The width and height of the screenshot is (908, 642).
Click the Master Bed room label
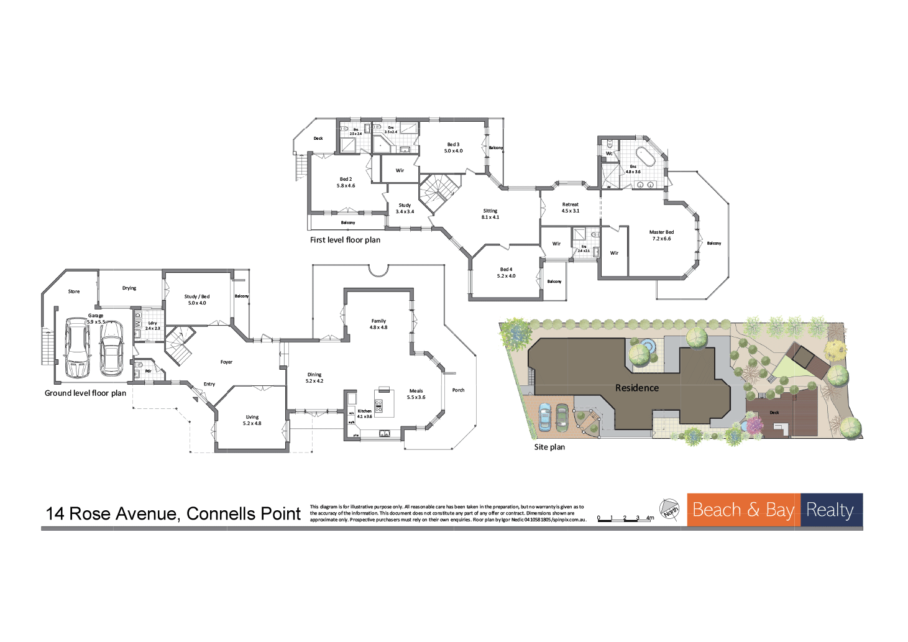coord(661,235)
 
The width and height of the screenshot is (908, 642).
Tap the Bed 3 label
coord(453,147)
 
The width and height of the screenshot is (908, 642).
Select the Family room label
coord(378,324)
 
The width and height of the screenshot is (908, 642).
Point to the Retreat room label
coord(570,207)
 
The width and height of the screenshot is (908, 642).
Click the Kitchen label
coord(365,413)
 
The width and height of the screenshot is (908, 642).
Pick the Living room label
coord(252,420)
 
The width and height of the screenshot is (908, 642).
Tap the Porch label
coord(458,390)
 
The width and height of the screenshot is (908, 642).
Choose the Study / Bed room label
coord(197,300)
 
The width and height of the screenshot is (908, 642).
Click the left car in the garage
coord(77,347)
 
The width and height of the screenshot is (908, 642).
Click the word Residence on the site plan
coord(636,388)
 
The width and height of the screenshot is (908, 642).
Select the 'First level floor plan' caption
coord(345,240)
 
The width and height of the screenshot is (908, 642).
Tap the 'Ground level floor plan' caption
coord(85,393)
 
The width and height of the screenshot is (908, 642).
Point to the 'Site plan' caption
coord(549,447)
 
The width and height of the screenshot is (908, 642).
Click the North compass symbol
coord(669,510)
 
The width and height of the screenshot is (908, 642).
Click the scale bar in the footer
coord(625,518)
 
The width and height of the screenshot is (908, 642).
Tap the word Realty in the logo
coord(830,510)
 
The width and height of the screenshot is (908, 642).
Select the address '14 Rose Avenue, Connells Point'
coord(173,513)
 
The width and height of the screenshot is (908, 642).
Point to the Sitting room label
coord(490,214)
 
